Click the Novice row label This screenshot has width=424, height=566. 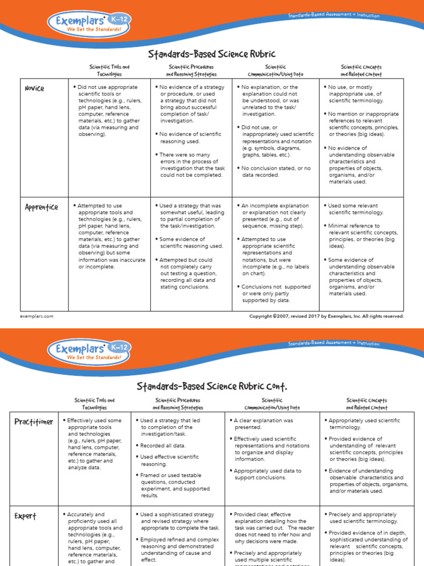34,88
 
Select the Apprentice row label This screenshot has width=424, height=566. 41,207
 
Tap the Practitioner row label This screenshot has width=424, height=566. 34,422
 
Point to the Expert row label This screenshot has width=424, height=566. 26,516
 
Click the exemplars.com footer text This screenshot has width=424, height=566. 36,316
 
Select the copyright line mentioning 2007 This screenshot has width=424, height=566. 327,316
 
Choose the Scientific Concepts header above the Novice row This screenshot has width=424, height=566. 361,70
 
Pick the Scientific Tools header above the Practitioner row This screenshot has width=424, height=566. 94,403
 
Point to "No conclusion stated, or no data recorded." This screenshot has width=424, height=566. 276,171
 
